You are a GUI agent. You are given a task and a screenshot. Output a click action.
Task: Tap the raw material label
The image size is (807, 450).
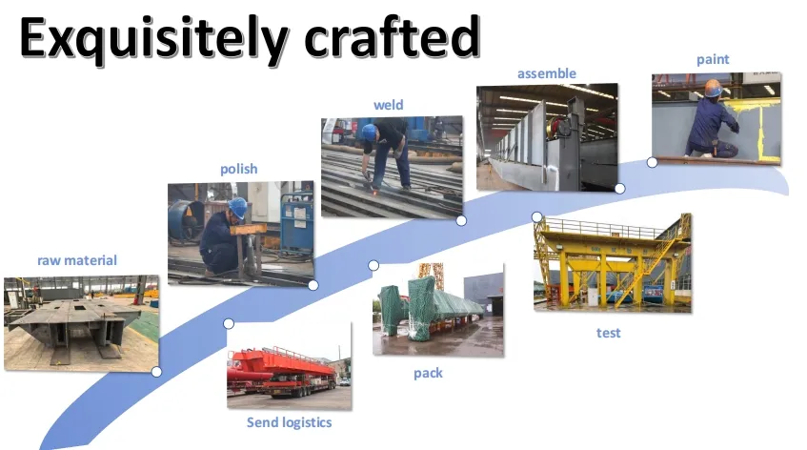[77, 259]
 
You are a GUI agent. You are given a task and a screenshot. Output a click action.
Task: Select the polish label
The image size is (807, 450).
[238, 169]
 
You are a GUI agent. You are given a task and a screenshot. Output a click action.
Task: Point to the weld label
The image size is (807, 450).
[388, 105]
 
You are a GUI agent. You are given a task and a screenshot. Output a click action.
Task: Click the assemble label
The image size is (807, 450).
[546, 73]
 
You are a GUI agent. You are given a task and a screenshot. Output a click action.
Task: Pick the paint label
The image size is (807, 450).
[713, 59]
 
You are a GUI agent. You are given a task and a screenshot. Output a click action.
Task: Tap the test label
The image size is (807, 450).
[609, 333]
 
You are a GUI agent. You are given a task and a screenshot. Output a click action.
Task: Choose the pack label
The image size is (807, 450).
[428, 373]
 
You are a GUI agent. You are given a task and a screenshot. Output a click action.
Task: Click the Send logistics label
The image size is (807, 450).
[289, 422]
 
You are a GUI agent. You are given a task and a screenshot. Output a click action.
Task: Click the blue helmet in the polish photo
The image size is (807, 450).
[237, 206]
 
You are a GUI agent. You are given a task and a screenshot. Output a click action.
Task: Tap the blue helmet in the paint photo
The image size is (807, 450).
[713, 88]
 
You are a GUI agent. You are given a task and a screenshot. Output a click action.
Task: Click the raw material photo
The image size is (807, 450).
[81, 323]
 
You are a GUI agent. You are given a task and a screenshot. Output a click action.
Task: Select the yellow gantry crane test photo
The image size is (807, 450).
[612, 262]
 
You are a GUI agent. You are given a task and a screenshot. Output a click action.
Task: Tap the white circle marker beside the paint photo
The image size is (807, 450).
[652, 162]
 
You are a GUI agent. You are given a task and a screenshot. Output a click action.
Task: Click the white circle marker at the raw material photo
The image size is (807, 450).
[156, 372]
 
